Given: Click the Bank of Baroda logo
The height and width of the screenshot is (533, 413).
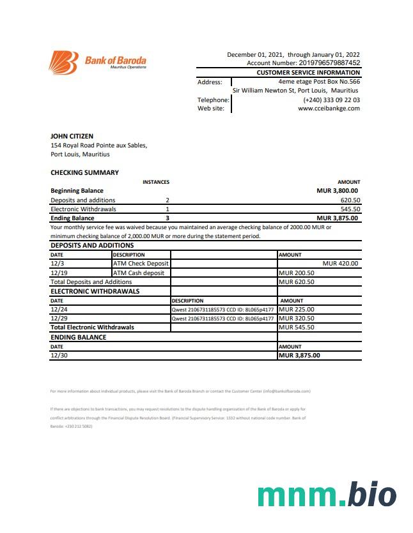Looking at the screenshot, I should [98, 62].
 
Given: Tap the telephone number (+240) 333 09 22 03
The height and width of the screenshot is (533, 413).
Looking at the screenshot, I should [331, 100].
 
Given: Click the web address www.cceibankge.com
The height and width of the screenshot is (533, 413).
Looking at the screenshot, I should [329, 109].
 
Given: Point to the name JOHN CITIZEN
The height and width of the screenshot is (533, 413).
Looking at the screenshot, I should [72, 136].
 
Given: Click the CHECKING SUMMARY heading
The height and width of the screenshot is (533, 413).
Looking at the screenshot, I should [84, 172].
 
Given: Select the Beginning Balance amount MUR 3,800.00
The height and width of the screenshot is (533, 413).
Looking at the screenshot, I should [337, 190].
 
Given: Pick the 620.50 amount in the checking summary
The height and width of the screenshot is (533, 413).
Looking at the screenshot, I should [350, 200].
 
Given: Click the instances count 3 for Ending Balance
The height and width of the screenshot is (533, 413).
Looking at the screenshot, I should [168, 218].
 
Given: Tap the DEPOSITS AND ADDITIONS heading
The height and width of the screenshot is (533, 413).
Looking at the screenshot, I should [92, 245].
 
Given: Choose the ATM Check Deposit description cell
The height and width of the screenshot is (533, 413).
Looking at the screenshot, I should [141, 263].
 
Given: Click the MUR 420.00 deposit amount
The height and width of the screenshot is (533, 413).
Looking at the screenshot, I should [340, 263].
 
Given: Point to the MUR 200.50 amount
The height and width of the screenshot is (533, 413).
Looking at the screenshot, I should [296, 273].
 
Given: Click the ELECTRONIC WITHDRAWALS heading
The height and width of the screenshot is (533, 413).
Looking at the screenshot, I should [95, 291].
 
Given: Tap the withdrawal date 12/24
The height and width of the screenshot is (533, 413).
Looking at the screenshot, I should [58, 310].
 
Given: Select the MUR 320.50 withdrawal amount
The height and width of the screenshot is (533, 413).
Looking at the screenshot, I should [296, 318].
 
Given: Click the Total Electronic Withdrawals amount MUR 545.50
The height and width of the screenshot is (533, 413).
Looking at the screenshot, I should [296, 327].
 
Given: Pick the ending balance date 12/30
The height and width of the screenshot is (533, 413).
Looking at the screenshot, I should [58, 356].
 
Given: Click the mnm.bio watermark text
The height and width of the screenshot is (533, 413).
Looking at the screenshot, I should [326, 496].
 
